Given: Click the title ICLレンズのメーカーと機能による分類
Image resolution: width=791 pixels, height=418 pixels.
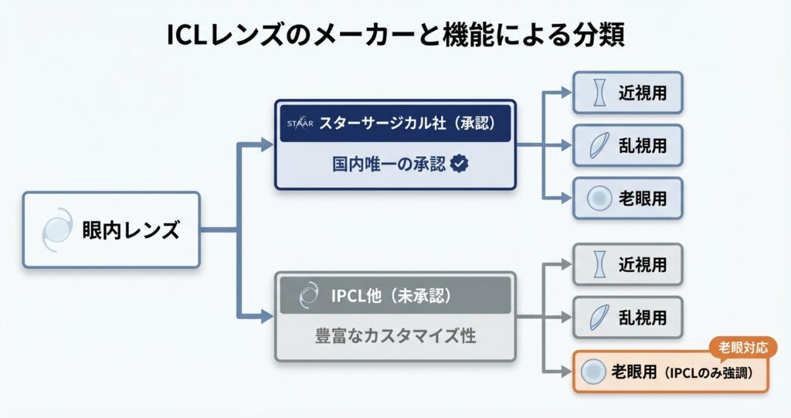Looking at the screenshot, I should (x=395, y=36).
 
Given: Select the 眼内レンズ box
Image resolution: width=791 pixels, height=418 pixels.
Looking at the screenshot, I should (x=111, y=229).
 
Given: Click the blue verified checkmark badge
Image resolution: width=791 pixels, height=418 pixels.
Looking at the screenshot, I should (x=460, y=164).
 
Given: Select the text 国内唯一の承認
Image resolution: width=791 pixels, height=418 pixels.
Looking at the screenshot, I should (x=383, y=164).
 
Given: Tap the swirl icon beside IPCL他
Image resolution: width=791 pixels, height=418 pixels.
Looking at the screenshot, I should (x=307, y=296).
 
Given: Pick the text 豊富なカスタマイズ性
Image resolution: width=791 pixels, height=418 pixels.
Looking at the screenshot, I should (x=395, y=336).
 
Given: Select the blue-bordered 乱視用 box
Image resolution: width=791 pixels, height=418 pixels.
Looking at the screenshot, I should (x=627, y=144).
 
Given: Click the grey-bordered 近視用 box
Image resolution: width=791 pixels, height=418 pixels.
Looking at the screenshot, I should (x=627, y=265).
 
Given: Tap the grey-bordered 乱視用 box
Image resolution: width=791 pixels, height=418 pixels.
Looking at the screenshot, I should (x=627, y=317).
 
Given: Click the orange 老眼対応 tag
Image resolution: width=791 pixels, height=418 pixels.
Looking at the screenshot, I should (x=742, y=348).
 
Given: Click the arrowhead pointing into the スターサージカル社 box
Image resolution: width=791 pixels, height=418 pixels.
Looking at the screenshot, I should (x=266, y=144).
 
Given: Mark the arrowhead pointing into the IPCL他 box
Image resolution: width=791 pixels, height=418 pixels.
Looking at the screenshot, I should (x=266, y=316).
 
